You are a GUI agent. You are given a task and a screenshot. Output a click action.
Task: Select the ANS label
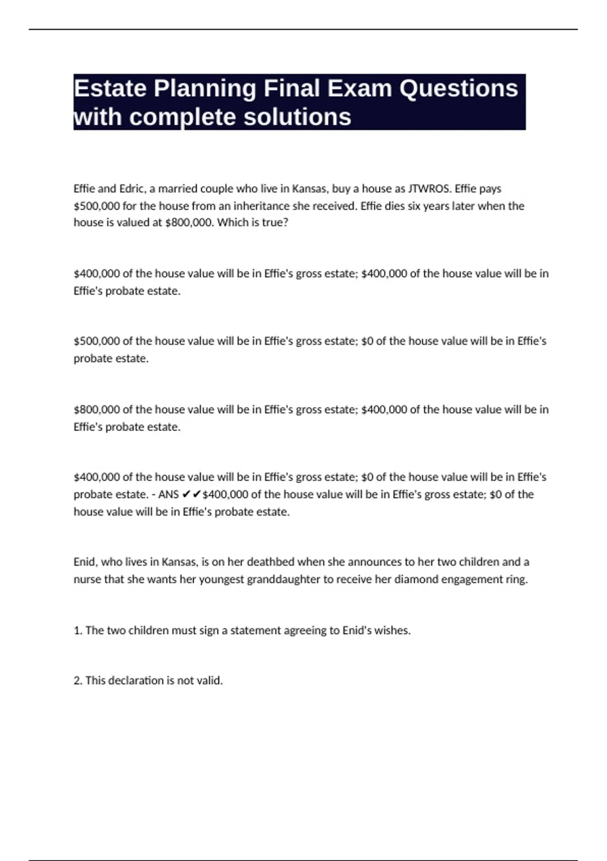click(x=168, y=494)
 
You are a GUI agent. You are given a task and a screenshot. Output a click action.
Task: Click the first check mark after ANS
click(x=186, y=494)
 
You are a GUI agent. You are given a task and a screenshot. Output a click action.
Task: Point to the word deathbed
click(x=271, y=562)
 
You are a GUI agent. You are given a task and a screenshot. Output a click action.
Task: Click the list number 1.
click(x=77, y=631)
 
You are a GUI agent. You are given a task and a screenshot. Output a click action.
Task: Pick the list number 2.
click(x=78, y=681)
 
